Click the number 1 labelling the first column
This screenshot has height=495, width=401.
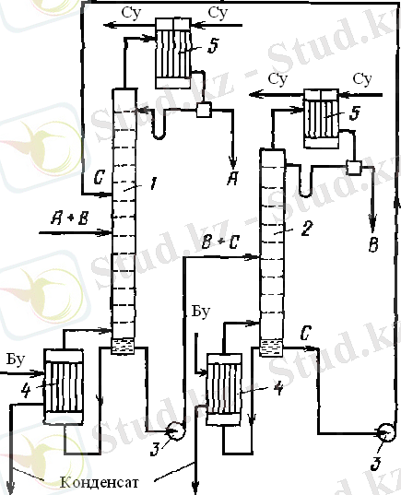(153, 183)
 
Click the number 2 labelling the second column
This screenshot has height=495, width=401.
(307, 229)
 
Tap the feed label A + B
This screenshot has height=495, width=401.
(70, 218)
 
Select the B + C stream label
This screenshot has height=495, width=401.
(221, 242)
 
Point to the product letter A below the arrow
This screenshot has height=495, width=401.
(232, 179)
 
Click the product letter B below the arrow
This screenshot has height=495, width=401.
(373, 244)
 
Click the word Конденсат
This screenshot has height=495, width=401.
(100, 482)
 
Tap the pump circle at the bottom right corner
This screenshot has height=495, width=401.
(386, 432)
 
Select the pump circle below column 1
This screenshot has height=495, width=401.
(176, 430)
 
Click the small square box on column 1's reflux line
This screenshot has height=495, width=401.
(204, 110)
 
